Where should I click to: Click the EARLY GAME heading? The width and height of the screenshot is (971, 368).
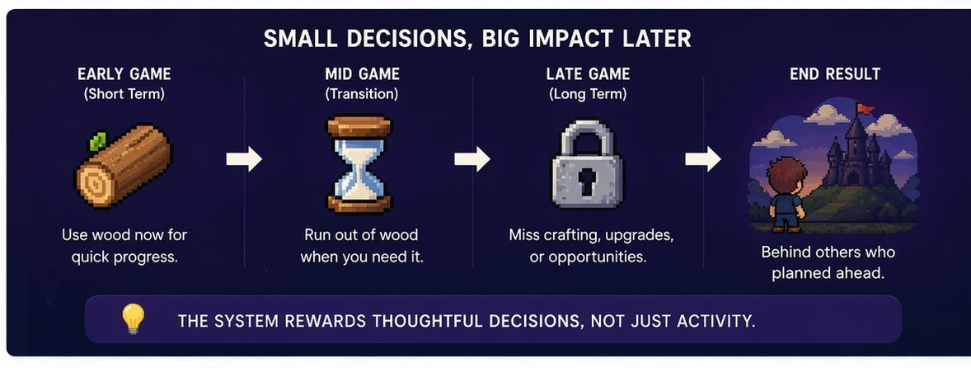(124, 74)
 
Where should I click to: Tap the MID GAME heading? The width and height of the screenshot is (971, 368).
(362, 74)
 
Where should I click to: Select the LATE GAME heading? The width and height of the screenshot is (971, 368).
(588, 74)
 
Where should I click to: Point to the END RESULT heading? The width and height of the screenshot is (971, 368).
(835, 74)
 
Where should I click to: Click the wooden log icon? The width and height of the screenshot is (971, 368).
(124, 165)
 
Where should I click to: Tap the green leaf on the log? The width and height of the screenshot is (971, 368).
(97, 142)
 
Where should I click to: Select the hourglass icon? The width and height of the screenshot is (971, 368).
(359, 164)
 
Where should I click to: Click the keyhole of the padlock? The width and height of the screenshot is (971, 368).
(587, 181)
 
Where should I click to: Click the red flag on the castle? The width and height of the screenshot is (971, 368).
(865, 108)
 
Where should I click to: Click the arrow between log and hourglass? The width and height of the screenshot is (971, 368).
(244, 159)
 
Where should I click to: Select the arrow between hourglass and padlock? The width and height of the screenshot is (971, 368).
(471, 159)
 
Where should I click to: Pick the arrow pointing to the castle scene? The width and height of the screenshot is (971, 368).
(703, 159)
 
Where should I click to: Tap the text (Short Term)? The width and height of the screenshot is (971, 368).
(124, 94)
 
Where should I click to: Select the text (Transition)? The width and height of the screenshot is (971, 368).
(362, 94)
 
